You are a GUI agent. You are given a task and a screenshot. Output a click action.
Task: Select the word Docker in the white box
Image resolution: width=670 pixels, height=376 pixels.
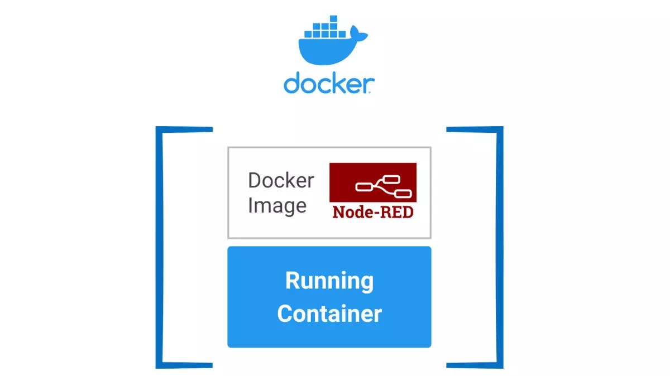click(x=281, y=181)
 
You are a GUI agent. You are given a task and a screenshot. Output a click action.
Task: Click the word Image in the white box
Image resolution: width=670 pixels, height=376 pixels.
click(x=277, y=206)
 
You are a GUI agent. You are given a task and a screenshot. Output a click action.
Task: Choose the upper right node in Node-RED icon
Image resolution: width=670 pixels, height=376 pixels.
click(x=392, y=179)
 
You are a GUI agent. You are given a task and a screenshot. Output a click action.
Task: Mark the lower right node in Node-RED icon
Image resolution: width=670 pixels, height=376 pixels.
click(x=403, y=194)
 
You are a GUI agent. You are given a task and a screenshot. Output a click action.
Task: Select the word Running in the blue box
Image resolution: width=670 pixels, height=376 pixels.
click(x=329, y=281)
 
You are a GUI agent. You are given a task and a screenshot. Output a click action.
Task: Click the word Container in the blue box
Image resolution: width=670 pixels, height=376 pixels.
click(x=329, y=314)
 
